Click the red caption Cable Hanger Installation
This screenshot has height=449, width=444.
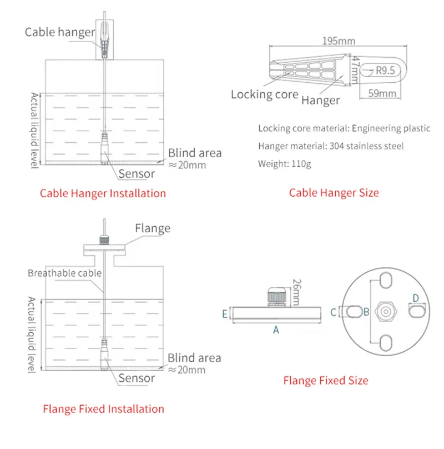tap(103, 193)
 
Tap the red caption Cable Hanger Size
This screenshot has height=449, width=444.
tap(334, 193)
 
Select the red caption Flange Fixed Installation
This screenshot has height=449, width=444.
tap(104, 409)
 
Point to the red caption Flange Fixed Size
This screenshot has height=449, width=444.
tap(325, 381)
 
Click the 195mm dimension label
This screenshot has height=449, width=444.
tap(339, 41)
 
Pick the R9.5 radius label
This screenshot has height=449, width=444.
tap(385, 71)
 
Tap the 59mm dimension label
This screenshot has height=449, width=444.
tap(383, 93)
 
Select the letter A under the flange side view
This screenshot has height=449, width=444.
tap(276, 330)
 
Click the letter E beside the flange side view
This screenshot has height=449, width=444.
tap(225, 315)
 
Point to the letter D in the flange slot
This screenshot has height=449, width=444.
tap(416, 298)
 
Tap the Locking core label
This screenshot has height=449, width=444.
tap(265, 94)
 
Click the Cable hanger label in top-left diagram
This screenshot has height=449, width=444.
tap(60, 32)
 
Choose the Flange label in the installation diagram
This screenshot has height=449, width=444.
tap(153, 228)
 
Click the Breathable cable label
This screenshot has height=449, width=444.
tap(65, 273)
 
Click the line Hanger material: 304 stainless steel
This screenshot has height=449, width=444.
tap(331, 146)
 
